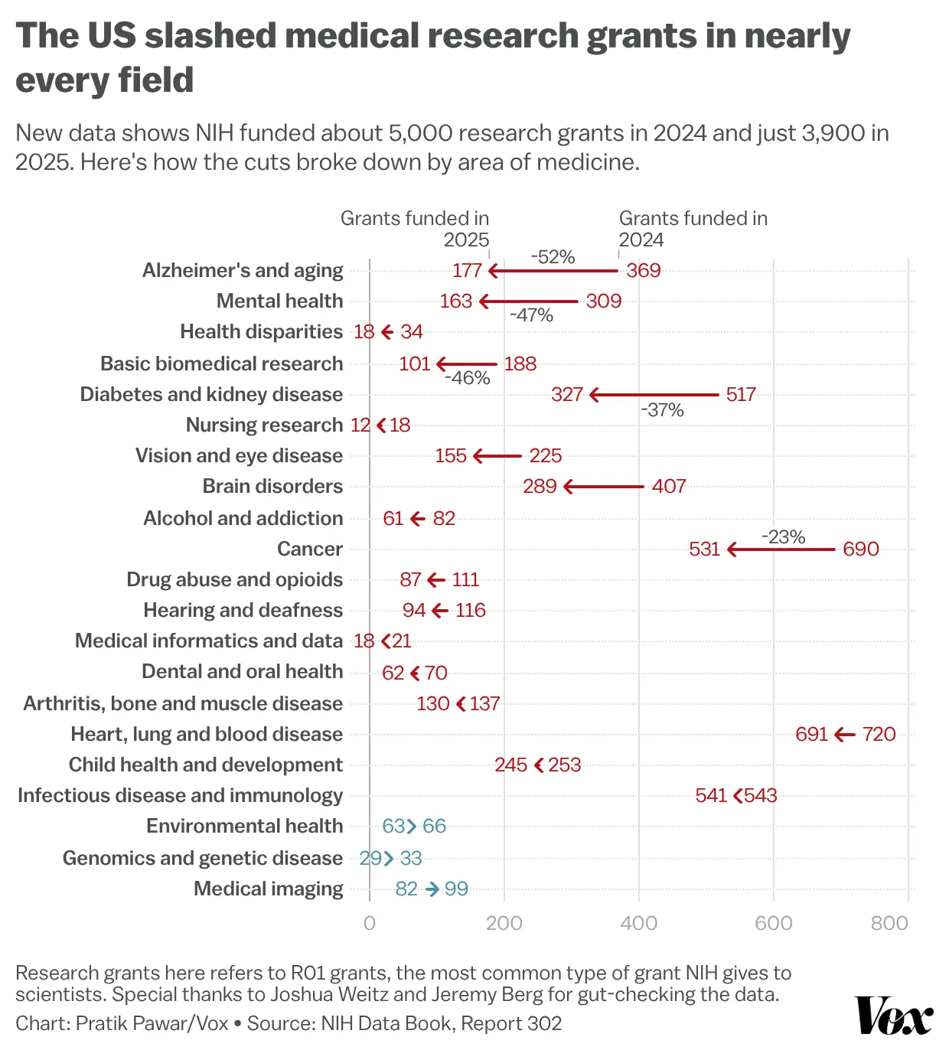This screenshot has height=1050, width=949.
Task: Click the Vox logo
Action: pos(894,1016)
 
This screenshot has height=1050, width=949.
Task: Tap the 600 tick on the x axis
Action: pos(773,923)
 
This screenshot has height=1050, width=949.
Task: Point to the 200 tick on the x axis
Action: pos(504,923)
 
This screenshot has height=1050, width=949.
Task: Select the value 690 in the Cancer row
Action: pos(860,549)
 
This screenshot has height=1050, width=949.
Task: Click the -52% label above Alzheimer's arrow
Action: pos(553,257)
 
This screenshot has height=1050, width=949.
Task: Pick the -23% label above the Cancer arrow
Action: pos(783,537)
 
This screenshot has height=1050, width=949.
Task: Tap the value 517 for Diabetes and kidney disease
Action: pos(740,395)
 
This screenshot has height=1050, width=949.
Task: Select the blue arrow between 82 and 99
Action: pos(432,889)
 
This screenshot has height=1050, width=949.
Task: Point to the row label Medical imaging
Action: pos(268,889)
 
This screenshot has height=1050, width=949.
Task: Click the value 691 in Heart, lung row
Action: pos(811,735)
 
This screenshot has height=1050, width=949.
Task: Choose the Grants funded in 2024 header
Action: pos(692,229)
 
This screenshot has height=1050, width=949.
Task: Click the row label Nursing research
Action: pos(264,425)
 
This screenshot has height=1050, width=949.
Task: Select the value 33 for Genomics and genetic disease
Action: pos(411,859)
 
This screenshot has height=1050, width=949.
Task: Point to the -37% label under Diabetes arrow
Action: pos(662,410)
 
